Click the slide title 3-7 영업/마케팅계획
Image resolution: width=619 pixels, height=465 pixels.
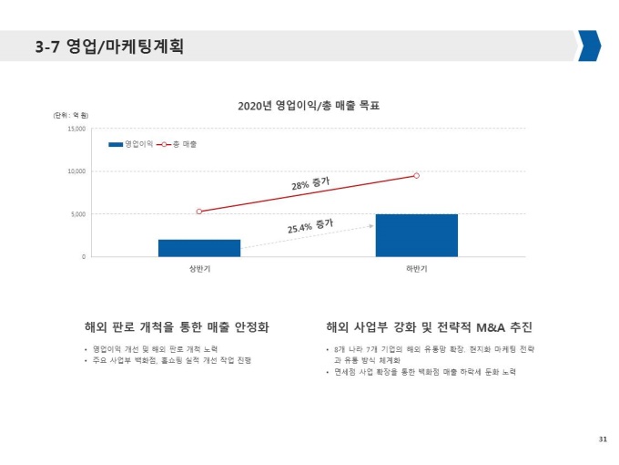tap(108, 46)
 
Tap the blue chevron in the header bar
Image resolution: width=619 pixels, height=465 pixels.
tap(589, 46)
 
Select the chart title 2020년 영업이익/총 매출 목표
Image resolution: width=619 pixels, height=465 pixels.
tap(308, 106)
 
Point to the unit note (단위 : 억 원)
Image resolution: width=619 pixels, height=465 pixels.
tap(70, 115)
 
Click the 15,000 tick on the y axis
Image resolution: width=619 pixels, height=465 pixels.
tap(76, 129)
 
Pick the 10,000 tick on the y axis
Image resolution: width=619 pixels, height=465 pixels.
tap(76, 171)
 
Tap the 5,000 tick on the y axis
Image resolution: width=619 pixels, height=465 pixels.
tap(77, 214)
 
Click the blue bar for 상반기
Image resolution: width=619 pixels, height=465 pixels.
tap(199, 248)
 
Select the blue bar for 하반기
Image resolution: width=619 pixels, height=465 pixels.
tap(416, 235)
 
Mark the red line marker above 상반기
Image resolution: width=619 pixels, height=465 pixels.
tap(199, 212)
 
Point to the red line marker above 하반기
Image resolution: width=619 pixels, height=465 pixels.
tap(416, 175)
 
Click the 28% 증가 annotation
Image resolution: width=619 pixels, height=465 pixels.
tap(310, 185)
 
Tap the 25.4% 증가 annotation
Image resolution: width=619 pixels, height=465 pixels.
tap(309, 225)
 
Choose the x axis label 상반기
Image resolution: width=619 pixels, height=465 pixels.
tap(199, 269)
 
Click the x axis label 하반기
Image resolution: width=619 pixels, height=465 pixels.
tap(416, 269)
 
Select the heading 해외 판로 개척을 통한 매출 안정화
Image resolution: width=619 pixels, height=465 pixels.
tap(176, 326)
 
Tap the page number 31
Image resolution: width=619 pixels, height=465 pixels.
tap(602, 440)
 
